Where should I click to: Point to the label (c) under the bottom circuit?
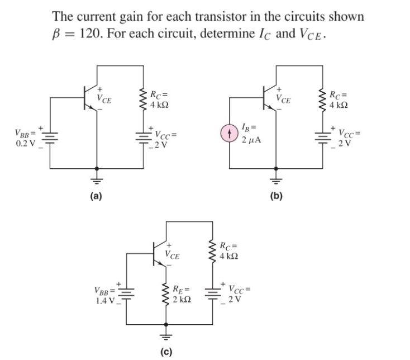tap(166, 352)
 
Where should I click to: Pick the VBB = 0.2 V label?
tap(25, 138)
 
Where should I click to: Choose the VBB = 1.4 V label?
tap(103, 295)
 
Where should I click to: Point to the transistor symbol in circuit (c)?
tap(158, 253)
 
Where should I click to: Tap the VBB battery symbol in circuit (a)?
tap(51, 139)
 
